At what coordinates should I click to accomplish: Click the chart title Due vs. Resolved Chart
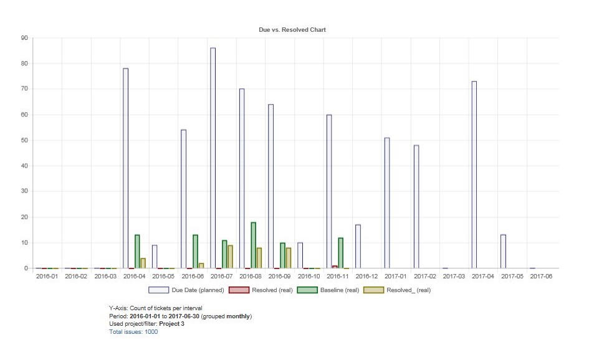[292, 30]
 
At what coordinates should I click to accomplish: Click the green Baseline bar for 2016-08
[254, 245]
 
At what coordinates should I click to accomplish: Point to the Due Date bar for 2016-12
[358, 247]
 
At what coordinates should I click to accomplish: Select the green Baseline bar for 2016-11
[341, 253]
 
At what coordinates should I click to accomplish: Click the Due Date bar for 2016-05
[155, 257]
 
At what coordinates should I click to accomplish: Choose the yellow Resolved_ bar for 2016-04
[143, 263]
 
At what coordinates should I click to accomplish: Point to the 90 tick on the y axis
[24, 38]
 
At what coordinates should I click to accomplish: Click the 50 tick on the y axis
[24, 140]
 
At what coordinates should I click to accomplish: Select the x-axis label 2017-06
[540, 276]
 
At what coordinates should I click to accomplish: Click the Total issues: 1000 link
[133, 332]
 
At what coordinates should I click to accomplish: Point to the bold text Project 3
[171, 324]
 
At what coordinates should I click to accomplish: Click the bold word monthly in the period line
[238, 316]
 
